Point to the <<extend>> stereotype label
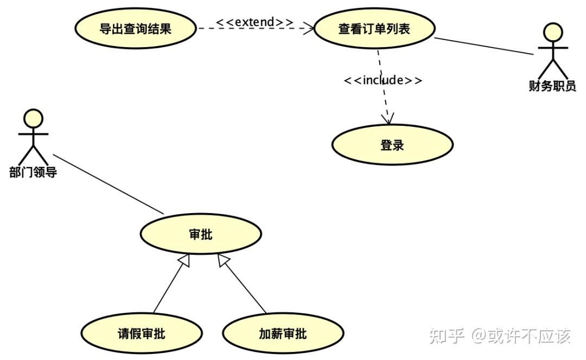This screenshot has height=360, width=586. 255,22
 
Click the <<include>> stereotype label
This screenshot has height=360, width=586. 383,80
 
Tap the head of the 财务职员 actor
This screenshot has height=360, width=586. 553,32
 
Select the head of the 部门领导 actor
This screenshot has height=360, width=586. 33,119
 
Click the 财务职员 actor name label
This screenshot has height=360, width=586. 552,86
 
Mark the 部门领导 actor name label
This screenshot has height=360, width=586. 33,172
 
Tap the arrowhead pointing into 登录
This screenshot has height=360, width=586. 388,119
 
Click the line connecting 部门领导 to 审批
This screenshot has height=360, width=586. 109,184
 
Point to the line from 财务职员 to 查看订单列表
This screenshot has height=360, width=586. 484,46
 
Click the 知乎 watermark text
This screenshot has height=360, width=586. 447,336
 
